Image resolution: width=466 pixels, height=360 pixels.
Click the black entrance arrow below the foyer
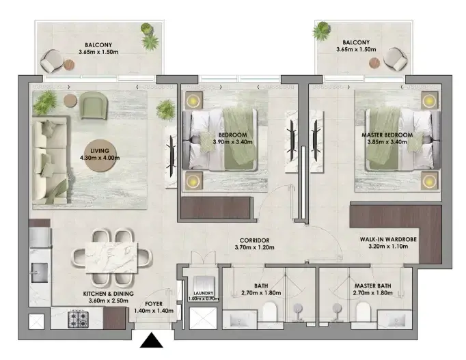(152, 340)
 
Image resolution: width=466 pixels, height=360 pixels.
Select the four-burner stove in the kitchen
(78, 319)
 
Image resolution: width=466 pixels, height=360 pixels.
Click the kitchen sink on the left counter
(40, 273)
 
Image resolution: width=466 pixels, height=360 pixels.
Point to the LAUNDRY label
(204, 293)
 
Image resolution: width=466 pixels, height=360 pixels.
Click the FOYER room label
(154, 304)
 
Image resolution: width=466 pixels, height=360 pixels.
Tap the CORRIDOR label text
(254, 240)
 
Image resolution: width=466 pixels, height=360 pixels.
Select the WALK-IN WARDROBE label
(388, 239)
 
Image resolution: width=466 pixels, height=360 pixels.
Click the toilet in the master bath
(364, 311)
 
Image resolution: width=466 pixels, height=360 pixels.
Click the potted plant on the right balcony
(322, 31)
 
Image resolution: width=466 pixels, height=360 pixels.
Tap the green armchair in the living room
(93, 105)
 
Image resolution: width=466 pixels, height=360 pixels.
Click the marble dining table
(112, 258)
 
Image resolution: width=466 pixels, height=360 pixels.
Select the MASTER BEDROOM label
(387, 135)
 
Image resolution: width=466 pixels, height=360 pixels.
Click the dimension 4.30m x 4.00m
(100, 158)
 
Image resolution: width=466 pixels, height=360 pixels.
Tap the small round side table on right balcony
(374, 63)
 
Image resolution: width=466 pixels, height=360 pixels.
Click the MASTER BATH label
(372, 286)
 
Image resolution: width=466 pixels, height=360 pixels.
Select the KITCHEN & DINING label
(108, 294)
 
